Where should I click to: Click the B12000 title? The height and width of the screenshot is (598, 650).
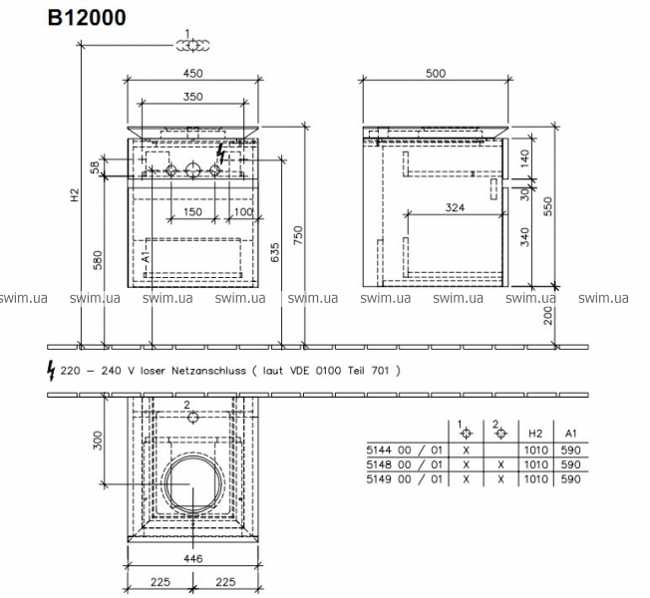[x=87, y=18]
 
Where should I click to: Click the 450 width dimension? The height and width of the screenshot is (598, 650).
[x=193, y=74]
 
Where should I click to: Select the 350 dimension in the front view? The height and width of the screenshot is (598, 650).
[x=193, y=97]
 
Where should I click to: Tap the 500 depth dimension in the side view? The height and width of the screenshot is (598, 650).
[x=436, y=74]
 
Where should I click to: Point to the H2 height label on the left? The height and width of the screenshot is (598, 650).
[x=74, y=195]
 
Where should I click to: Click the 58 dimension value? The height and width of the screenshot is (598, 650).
[x=96, y=167]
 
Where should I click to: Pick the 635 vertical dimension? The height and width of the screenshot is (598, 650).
[x=274, y=253]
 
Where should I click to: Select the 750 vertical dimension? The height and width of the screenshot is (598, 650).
[x=298, y=235]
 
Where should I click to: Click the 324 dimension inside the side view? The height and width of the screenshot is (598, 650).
[x=455, y=207]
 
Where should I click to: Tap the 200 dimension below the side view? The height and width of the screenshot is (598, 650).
[x=548, y=316]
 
